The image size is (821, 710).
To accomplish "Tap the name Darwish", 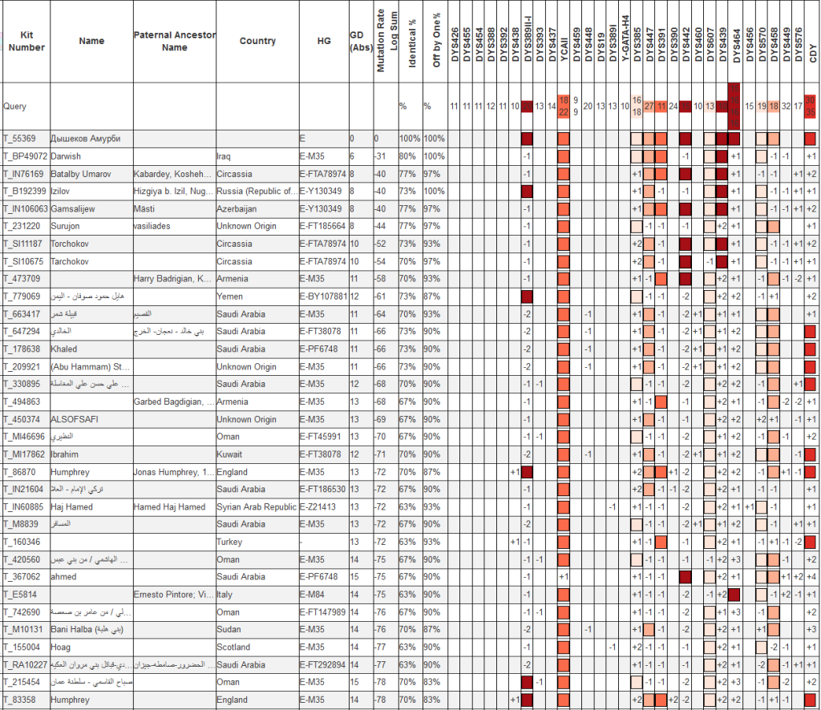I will [x=66, y=156].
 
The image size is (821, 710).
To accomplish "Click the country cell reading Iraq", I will [x=224, y=156].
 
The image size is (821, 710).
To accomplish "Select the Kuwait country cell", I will [x=229, y=454].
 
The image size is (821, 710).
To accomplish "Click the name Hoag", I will [x=60, y=647].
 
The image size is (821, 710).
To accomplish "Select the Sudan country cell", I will [x=229, y=629].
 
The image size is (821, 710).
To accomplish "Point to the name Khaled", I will [x=63, y=349].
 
